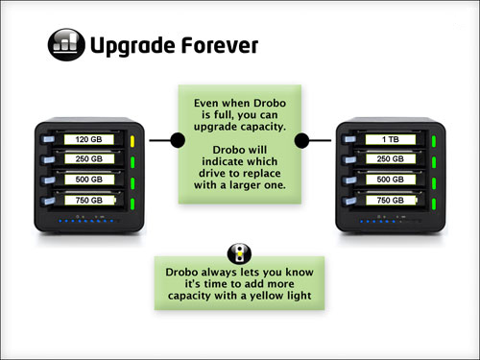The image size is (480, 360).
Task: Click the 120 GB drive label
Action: coord(91,140)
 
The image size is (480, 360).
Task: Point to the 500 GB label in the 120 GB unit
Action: coord(91,179)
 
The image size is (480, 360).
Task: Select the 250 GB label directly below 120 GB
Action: coord(91,159)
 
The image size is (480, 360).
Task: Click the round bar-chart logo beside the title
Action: coord(65,45)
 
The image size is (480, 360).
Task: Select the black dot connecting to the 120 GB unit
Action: coord(177,141)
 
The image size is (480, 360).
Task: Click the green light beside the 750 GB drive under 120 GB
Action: coord(132,200)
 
